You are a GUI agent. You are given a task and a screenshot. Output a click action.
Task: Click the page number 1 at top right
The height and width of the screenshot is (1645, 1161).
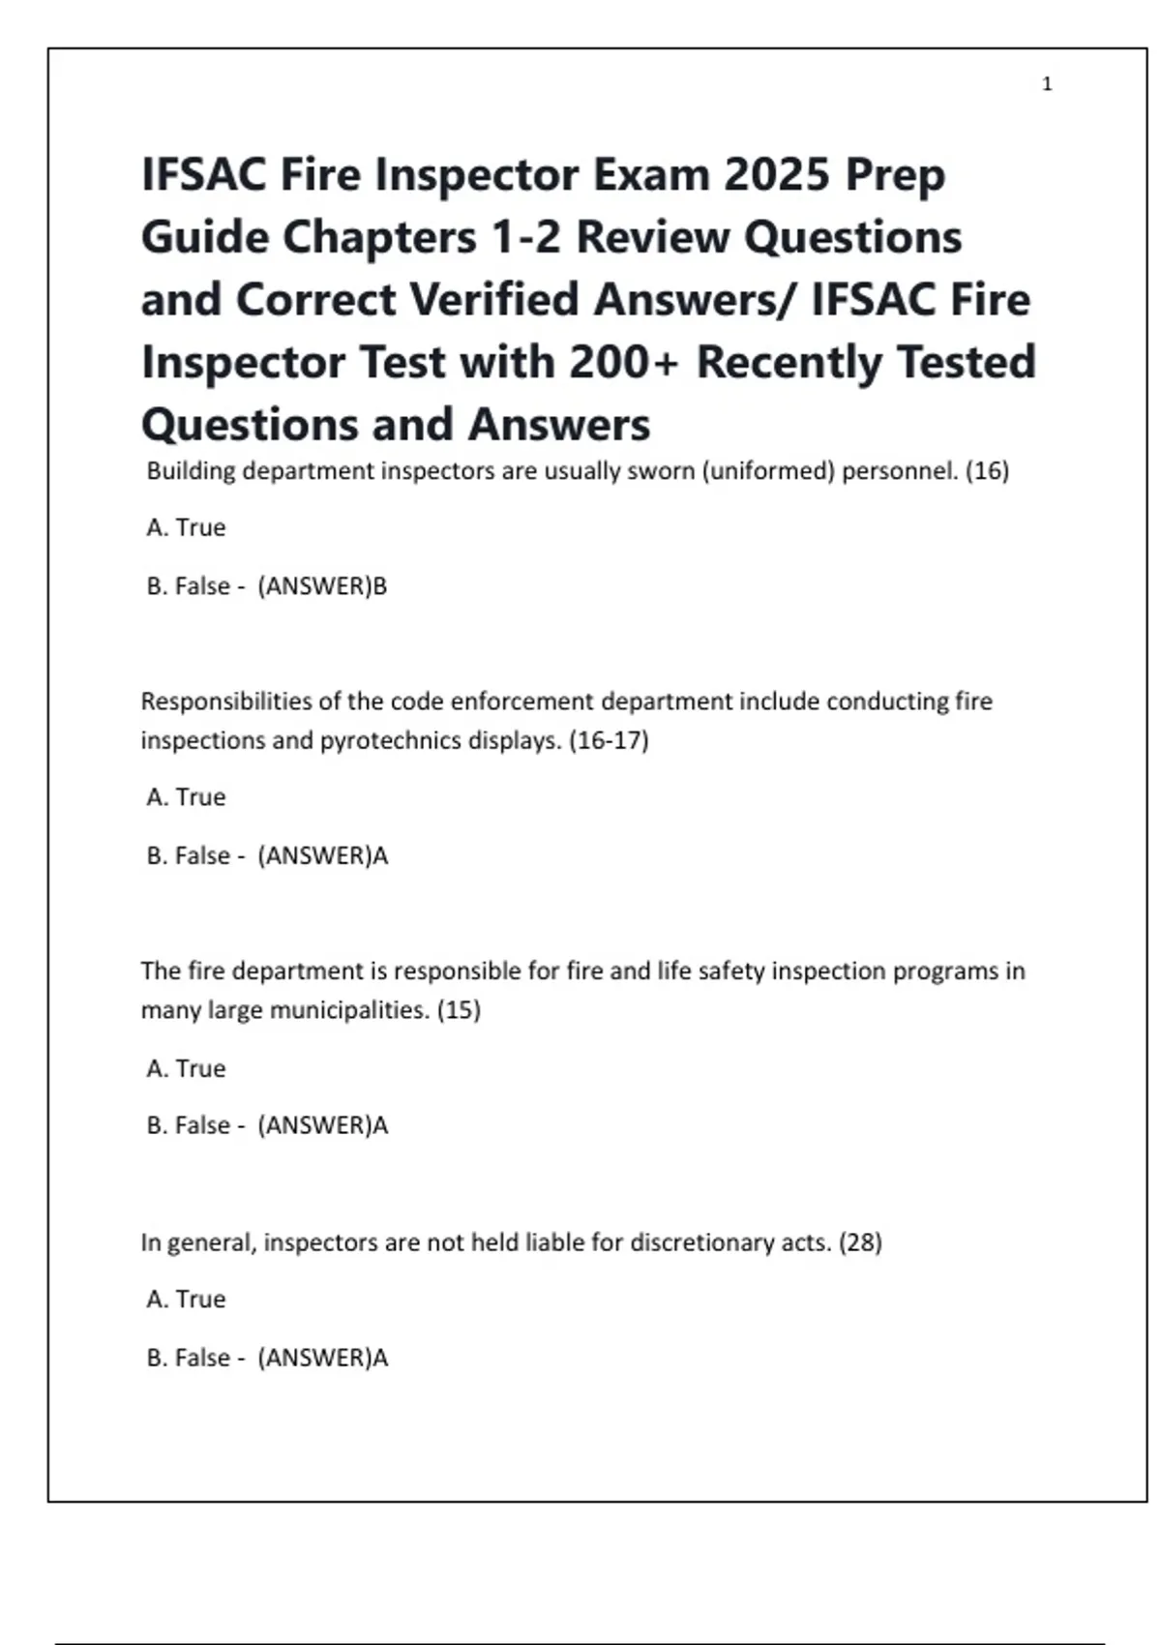(x=1047, y=84)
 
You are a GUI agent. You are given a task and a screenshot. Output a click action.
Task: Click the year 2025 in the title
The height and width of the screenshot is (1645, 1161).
(x=777, y=175)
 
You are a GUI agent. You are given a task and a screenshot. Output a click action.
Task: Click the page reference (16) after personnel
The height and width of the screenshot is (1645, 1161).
(x=987, y=471)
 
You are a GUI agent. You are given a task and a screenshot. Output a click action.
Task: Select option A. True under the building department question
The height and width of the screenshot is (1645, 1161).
(x=186, y=527)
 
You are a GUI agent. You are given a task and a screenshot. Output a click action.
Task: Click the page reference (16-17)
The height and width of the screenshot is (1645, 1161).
(x=609, y=740)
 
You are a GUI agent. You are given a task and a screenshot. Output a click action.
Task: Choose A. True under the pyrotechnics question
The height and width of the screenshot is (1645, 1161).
(x=186, y=797)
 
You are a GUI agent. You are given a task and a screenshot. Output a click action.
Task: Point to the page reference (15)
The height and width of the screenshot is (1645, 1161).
(x=459, y=1010)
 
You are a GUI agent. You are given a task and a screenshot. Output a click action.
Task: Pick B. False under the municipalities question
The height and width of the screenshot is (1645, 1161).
(x=189, y=1125)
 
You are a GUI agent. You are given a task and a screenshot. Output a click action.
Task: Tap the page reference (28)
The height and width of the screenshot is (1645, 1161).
(x=860, y=1242)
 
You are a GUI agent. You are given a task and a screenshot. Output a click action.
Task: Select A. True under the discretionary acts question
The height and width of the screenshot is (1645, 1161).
(x=186, y=1300)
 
